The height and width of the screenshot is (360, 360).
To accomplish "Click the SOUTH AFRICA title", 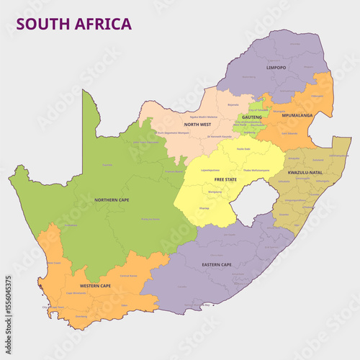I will point(74,24).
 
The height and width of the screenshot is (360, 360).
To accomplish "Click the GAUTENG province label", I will point(252,117).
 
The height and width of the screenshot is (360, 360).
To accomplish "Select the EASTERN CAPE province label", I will point(216,265).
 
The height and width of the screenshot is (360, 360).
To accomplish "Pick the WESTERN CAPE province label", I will point(95,286).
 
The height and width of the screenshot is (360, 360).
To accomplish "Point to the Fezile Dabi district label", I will point(243,149).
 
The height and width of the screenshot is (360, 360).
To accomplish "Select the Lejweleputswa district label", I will point(210,171).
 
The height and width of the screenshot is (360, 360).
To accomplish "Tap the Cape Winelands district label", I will point(76,293).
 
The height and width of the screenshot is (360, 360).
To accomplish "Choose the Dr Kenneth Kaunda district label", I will point(219,135).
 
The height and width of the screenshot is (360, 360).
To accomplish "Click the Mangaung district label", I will point(215,192).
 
